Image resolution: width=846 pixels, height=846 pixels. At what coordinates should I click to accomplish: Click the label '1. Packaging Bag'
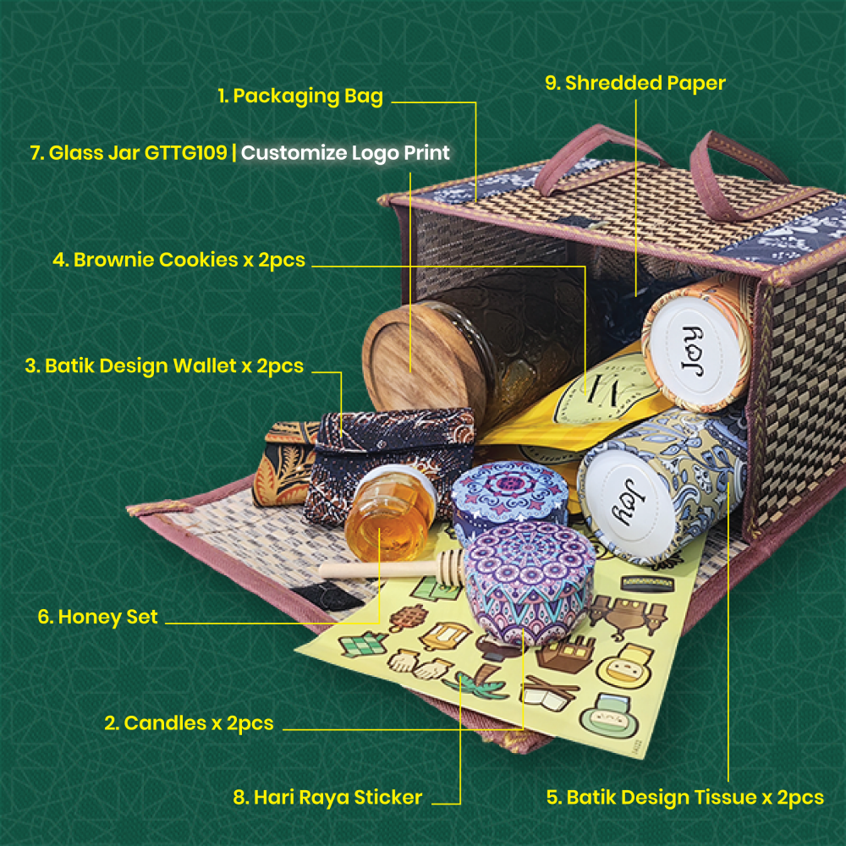(300, 96)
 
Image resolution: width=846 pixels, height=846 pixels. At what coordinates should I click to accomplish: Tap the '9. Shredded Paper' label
(635, 83)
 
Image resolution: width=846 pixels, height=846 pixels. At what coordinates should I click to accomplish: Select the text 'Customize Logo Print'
(345, 152)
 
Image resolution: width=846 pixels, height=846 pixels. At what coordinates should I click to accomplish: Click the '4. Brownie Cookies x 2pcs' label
(179, 260)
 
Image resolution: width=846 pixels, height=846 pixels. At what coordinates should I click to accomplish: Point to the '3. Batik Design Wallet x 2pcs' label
(164, 365)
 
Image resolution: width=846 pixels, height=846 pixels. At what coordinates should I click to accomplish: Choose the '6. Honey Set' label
(97, 617)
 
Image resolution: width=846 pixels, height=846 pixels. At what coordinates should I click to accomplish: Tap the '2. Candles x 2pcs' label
(189, 723)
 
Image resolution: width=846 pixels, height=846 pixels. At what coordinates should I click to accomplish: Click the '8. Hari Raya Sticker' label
(327, 798)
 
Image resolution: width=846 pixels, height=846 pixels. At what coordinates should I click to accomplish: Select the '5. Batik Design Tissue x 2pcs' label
(684, 798)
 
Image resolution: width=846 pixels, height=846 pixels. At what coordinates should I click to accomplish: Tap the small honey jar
(389, 512)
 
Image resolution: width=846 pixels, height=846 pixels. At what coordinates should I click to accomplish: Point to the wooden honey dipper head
(450, 567)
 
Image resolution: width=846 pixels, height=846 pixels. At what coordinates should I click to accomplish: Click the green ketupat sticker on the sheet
(363, 643)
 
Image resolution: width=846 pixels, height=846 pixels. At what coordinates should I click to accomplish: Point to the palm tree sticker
(478, 680)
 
